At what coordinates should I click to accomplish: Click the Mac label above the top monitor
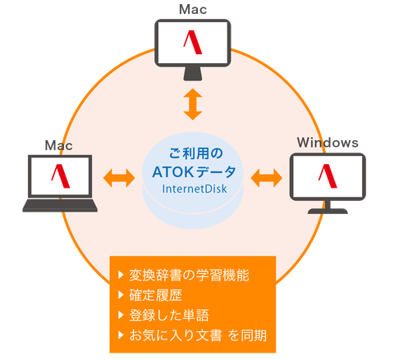click(x=193, y=10)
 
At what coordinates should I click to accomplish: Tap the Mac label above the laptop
click(x=58, y=145)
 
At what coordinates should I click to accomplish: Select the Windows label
click(x=328, y=143)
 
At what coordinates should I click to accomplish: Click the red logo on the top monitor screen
click(x=193, y=43)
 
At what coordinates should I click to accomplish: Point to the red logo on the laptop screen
click(x=61, y=175)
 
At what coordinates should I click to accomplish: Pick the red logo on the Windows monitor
click(x=328, y=175)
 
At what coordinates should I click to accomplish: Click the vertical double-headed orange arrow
click(x=193, y=104)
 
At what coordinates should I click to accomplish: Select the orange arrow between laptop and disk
click(x=119, y=178)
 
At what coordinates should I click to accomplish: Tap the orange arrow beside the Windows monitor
click(x=267, y=178)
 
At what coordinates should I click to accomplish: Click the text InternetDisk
click(x=195, y=189)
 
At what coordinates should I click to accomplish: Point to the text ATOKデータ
click(x=194, y=172)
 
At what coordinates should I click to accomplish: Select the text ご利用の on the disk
click(x=196, y=153)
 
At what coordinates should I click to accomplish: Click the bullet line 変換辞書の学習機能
click(x=189, y=275)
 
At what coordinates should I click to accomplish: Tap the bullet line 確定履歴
click(x=155, y=295)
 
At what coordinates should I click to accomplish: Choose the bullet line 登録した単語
click(x=169, y=315)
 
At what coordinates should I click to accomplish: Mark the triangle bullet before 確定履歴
click(x=121, y=295)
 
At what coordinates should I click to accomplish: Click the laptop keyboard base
click(x=60, y=205)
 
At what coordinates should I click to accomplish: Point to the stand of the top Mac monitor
click(x=193, y=73)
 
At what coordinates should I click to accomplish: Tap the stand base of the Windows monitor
click(x=328, y=211)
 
